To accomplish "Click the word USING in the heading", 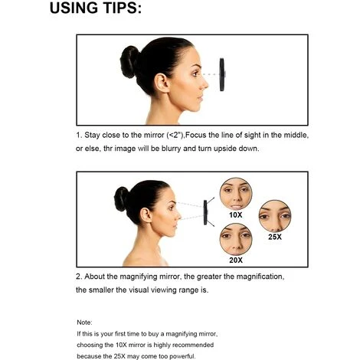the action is (74, 8).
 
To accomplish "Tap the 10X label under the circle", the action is (236, 215).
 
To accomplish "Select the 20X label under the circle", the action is (236, 260).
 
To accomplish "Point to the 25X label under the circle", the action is (275, 237).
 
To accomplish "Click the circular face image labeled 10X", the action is (236, 194).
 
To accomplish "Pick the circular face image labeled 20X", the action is (236, 239).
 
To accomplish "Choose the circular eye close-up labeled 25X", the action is (275, 216).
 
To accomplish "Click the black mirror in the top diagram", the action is (222, 74).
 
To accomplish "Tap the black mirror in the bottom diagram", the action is (205, 212).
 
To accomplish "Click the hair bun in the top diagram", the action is (129, 62).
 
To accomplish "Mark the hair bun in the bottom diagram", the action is (121, 199).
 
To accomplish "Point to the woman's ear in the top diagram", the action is (162, 83).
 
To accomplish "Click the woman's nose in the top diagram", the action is (205, 83).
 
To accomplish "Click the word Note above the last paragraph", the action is (84, 322).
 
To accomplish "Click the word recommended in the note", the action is (193, 345).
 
